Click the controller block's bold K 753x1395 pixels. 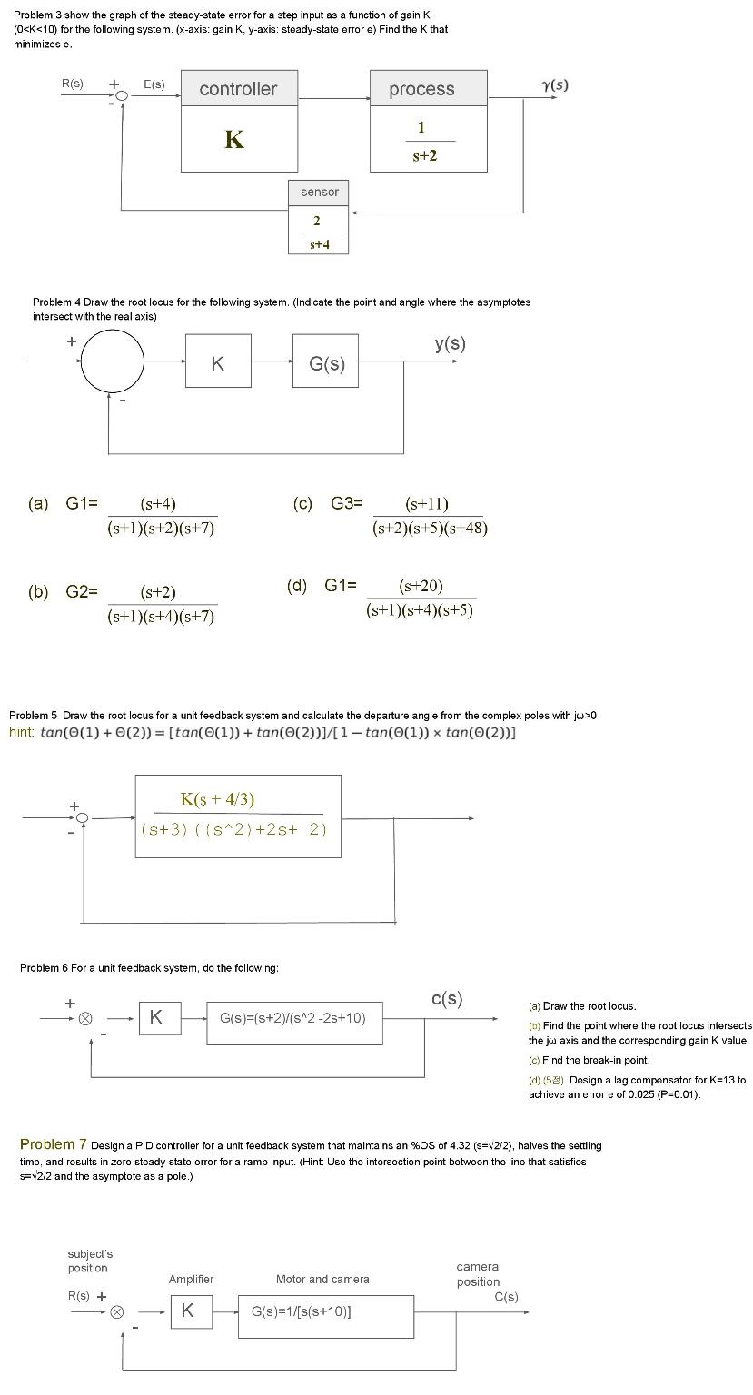click(234, 139)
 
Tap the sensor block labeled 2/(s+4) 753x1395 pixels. click(318, 231)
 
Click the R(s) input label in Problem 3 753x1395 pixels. click(72, 84)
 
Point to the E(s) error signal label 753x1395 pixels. click(154, 84)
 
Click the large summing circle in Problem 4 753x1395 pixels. click(113, 361)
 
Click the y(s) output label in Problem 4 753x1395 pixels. click(450, 343)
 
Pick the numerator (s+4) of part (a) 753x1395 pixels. click(158, 504)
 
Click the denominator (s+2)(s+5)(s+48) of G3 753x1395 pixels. click(430, 528)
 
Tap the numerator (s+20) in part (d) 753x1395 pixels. click(421, 587)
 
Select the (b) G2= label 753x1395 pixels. click(64, 592)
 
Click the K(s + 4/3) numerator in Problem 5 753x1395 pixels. click(217, 799)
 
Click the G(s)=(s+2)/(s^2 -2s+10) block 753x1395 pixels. click(292, 1018)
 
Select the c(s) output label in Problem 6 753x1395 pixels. click(447, 999)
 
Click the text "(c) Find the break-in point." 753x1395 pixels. click(590, 1060)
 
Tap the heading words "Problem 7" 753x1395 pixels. click(53, 1143)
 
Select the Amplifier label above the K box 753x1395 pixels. click(191, 1280)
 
